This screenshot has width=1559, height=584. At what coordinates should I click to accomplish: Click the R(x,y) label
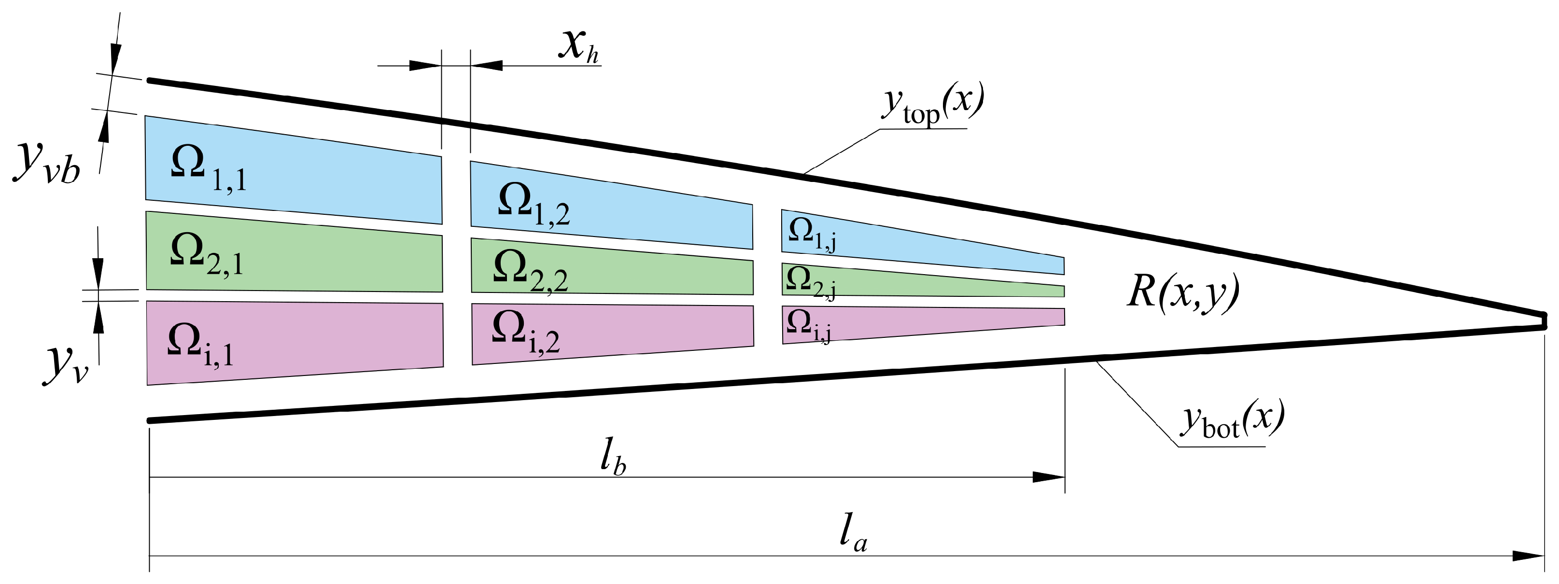pyautogui.click(x=1183, y=293)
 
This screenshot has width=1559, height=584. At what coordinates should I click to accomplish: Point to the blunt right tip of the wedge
pyautogui.click(x=1543, y=321)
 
